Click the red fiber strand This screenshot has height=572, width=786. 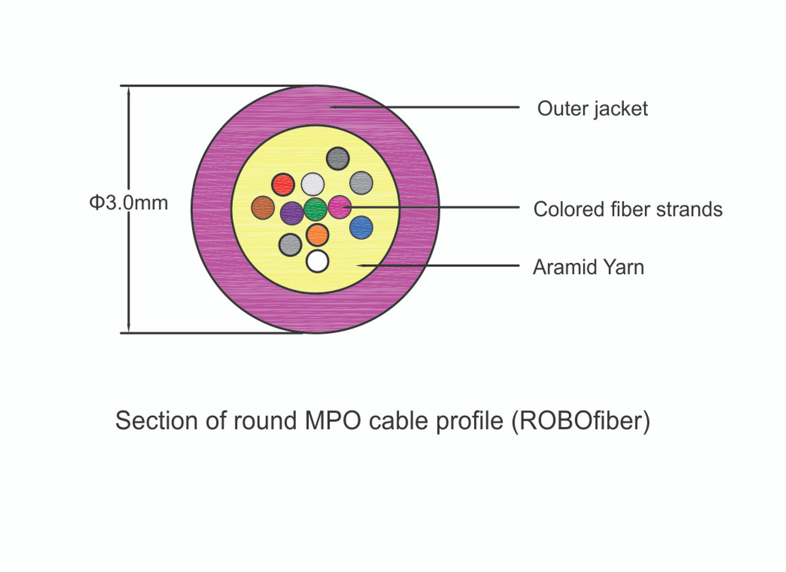(283, 184)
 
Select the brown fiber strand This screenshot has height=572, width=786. (263, 208)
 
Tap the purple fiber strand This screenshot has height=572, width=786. (292, 213)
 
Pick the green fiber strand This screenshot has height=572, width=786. (316, 209)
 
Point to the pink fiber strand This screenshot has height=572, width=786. (339, 207)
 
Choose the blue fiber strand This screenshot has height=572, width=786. (361, 227)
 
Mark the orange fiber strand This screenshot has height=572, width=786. (317, 235)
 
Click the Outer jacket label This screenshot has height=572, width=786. (592, 109)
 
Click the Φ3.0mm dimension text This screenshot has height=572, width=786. (129, 202)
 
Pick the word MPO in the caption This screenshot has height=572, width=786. (329, 421)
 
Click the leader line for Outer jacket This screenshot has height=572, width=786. (430, 107)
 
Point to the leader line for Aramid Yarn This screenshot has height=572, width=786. (442, 266)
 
